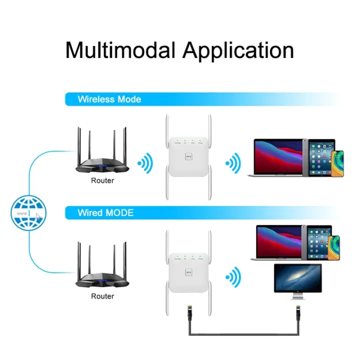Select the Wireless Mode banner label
[109, 99]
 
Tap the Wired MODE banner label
[105, 212]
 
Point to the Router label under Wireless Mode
[102, 180]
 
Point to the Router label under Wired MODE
[102, 296]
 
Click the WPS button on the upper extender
[188, 156]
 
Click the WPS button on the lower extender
[188, 272]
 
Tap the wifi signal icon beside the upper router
[144, 162]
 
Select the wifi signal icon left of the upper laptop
[232, 162]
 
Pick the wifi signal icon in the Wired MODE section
[232, 276]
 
